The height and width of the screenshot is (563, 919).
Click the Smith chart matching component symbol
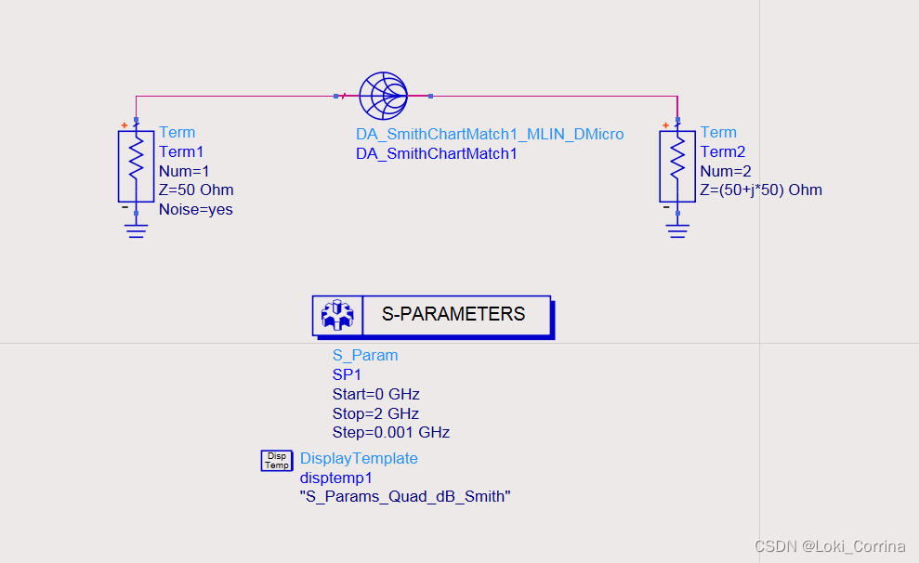383,95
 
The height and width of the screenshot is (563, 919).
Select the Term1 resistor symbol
136,165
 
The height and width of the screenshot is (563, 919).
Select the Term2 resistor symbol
677,165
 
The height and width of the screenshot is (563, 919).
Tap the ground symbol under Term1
136,230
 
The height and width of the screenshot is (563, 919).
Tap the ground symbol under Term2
677,230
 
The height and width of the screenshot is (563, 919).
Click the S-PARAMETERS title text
453,314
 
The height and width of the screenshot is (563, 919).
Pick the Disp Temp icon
276,460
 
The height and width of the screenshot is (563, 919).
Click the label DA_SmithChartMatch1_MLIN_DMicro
490,135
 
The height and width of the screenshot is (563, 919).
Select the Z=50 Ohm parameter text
196,190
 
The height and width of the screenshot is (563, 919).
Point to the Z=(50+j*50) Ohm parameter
761,190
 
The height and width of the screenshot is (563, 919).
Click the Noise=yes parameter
196,210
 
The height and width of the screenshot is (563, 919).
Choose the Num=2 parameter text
726,171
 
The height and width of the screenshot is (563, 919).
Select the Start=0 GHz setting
375,394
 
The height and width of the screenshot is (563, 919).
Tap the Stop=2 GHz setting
375,413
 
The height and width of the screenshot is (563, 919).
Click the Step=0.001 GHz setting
390,433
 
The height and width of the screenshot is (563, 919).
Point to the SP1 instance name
347,374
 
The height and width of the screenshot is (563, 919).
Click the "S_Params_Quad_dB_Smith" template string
405,497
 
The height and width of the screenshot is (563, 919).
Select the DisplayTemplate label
359,459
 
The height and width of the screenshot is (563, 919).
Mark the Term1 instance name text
180,152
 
